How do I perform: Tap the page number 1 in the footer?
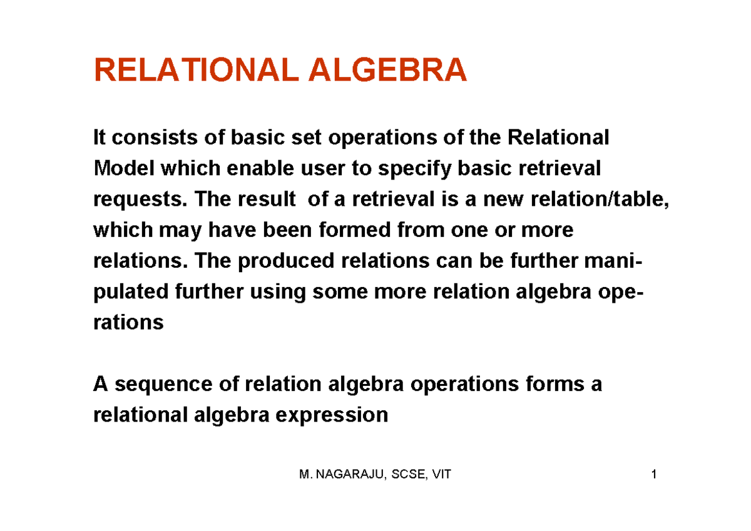pos(653,475)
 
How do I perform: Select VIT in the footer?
pos(441,475)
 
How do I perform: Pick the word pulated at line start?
pos(131,291)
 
